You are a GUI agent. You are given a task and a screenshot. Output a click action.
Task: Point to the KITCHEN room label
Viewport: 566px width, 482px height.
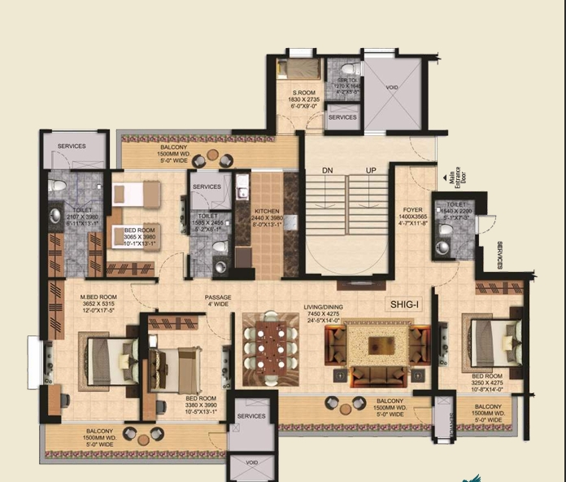(x=267, y=210)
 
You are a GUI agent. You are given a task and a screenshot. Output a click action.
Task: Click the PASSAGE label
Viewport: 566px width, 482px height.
(x=218, y=297)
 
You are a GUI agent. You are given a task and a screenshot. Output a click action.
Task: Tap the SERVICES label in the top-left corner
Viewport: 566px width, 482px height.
(x=72, y=147)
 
